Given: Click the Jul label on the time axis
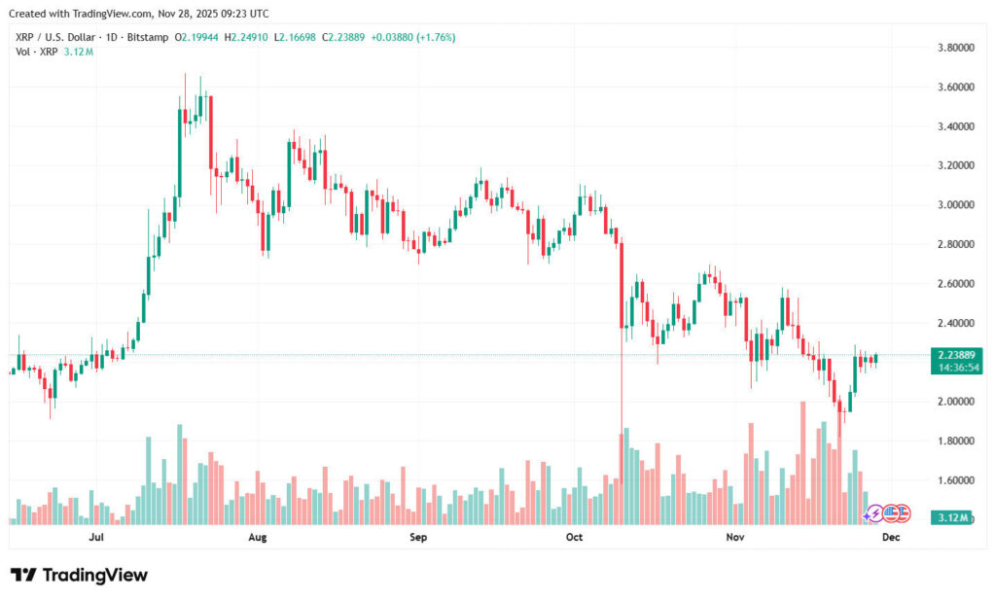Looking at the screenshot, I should point(96,536).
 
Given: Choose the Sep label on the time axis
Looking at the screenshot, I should point(417,536).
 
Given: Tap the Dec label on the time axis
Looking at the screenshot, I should point(891,536).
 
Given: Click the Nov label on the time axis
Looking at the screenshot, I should point(735,536).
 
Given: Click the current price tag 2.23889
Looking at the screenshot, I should point(954,355).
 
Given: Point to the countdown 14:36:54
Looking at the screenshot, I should point(954,368).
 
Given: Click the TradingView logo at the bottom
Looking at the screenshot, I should point(80,575).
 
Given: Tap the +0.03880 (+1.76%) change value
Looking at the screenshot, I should point(413,37).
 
